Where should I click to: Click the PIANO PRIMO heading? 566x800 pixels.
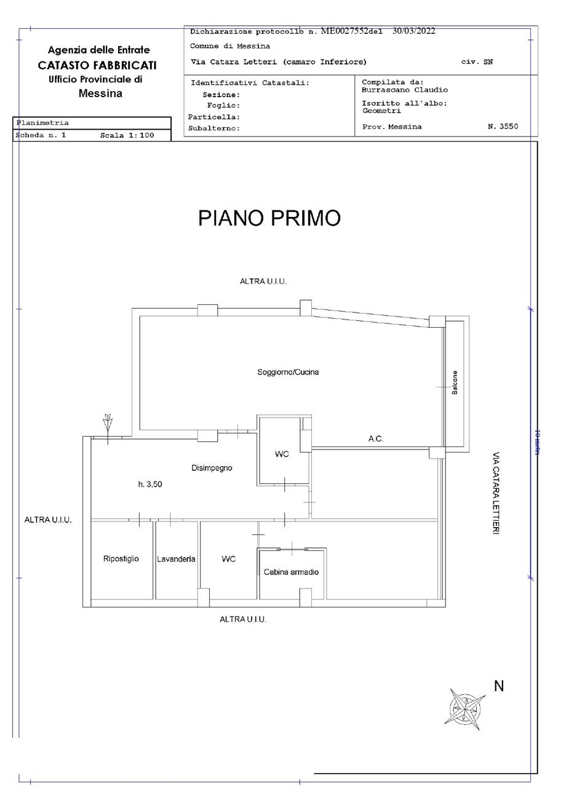[269, 218]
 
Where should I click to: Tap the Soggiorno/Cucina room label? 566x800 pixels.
[288, 372]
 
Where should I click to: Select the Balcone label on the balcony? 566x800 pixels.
[455, 382]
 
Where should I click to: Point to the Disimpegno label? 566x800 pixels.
[212, 468]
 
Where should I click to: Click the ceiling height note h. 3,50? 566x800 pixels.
[150, 485]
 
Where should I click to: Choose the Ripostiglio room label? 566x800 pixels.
[121, 558]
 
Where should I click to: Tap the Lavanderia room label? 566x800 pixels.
[176, 559]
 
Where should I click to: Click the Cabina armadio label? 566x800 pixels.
[291, 572]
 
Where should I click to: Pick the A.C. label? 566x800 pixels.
[376, 438]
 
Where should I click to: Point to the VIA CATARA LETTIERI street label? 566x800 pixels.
[496, 493]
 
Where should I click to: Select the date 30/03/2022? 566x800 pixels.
[414, 31]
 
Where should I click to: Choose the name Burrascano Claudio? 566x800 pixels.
[405, 90]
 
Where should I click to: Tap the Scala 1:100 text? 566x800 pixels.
[127, 135]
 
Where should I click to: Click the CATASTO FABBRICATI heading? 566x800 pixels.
[97, 65]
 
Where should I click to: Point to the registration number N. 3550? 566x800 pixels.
[503, 127]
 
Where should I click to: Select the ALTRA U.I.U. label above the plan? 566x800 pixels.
[263, 282]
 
